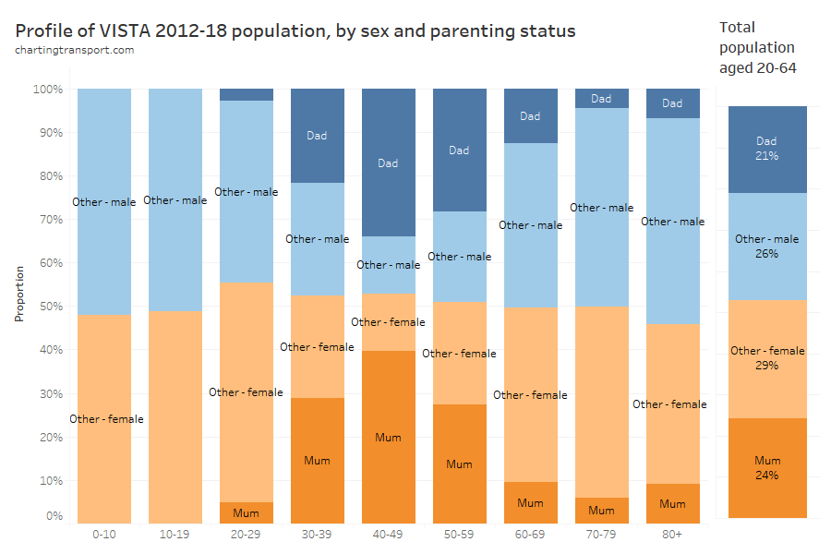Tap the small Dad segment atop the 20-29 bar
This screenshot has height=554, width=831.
pyautogui.click(x=246, y=94)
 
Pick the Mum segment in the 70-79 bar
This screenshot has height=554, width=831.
pyautogui.click(x=601, y=510)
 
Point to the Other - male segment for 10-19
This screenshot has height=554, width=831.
pyautogui.click(x=175, y=200)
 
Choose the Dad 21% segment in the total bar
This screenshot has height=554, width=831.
pyautogui.click(x=767, y=149)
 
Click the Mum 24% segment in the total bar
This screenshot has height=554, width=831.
pyautogui.click(x=767, y=467)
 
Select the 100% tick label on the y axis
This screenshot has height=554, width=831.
pyautogui.click(x=46, y=90)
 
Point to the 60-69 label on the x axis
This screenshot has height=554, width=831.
pyautogui.click(x=530, y=535)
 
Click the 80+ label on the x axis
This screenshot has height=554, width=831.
pyautogui.click(x=672, y=535)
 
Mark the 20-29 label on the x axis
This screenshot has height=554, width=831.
pyautogui.click(x=246, y=535)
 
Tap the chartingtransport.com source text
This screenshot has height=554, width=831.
pyautogui.click(x=75, y=50)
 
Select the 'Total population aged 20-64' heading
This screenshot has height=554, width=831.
pyautogui.click(x=756, y=47)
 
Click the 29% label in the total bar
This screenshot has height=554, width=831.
pyautogui.click(x=767, y=366)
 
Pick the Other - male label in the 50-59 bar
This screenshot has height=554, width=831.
pyautogui.click(x=459, y=257)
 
